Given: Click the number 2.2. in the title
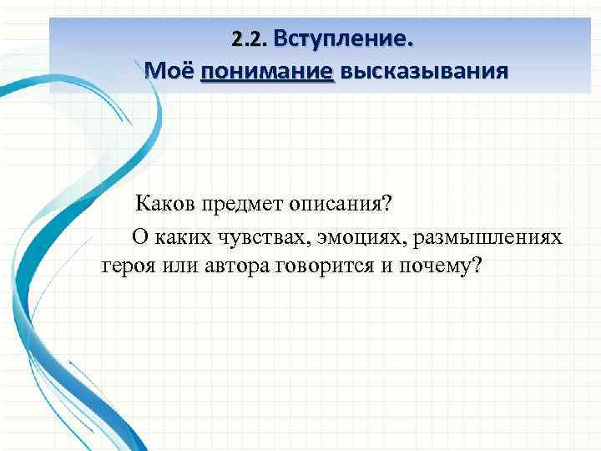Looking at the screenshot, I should click(x=249, y=39).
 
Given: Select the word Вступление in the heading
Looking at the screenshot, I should click(x=341, y=39).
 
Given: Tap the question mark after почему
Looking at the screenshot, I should click(x=477, y=266).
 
